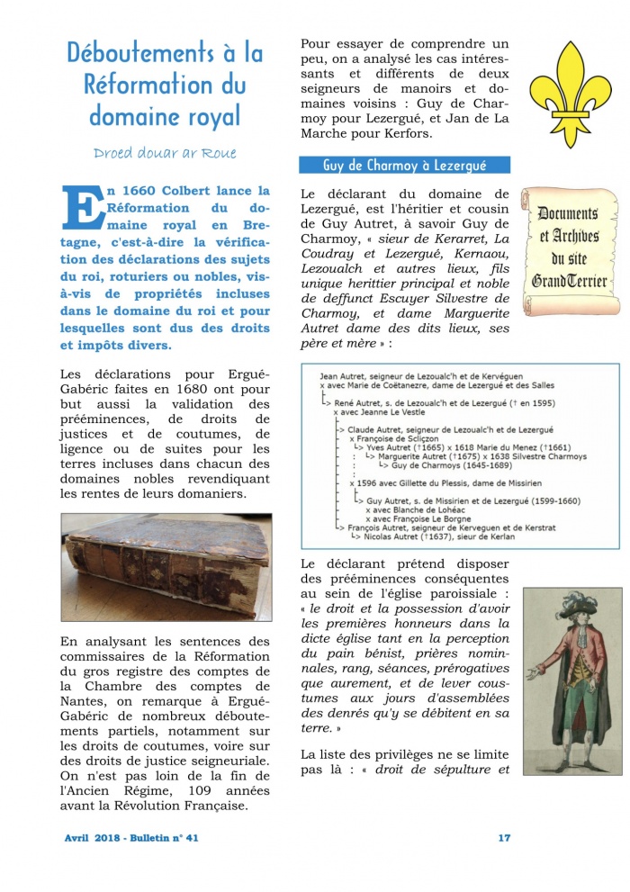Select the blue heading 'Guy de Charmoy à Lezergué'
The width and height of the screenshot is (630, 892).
click(404, 166)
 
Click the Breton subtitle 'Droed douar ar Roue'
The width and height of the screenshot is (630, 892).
click(165, 152)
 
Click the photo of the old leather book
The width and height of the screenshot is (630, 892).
click(166, 567)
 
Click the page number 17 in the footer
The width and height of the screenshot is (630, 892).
click(504, 837)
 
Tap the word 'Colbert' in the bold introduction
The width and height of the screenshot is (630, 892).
click(196, 191)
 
